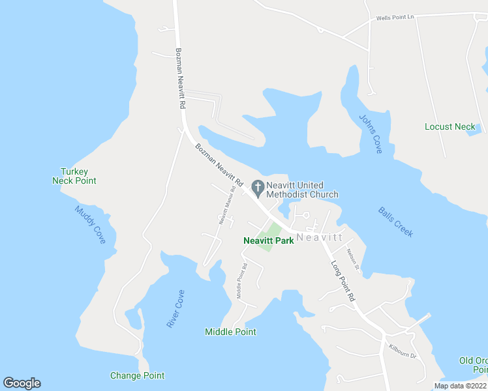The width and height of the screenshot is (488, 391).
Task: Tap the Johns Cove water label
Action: [371, 134]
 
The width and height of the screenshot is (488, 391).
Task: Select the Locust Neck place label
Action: [450, 126]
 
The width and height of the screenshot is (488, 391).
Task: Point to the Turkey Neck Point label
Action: [74, 176]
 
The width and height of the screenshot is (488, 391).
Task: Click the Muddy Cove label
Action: [90, 225]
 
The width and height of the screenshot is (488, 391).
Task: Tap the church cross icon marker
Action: [258, 189]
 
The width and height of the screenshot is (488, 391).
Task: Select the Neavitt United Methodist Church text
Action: [302, 190]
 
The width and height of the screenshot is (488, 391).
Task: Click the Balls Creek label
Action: [395, 222]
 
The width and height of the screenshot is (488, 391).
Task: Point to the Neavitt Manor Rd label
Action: [226, 206]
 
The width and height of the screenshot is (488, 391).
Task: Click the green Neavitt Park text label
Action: [268, 240]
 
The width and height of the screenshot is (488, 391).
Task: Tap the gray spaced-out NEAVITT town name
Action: [319, 238]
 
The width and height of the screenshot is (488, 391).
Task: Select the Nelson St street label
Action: [353, 259]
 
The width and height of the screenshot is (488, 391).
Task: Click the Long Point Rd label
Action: [343, 281]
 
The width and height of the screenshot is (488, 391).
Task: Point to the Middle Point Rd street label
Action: [241, 280]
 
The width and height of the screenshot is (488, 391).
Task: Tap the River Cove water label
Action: [174, 309]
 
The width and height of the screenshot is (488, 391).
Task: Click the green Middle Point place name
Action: [230, 332]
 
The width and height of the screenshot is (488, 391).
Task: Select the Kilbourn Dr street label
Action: [402, 352]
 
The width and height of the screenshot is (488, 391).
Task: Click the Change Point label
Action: [137, 375]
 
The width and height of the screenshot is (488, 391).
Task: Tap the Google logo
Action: [22, 383]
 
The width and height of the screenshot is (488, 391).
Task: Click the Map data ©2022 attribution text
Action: [460, 386]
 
